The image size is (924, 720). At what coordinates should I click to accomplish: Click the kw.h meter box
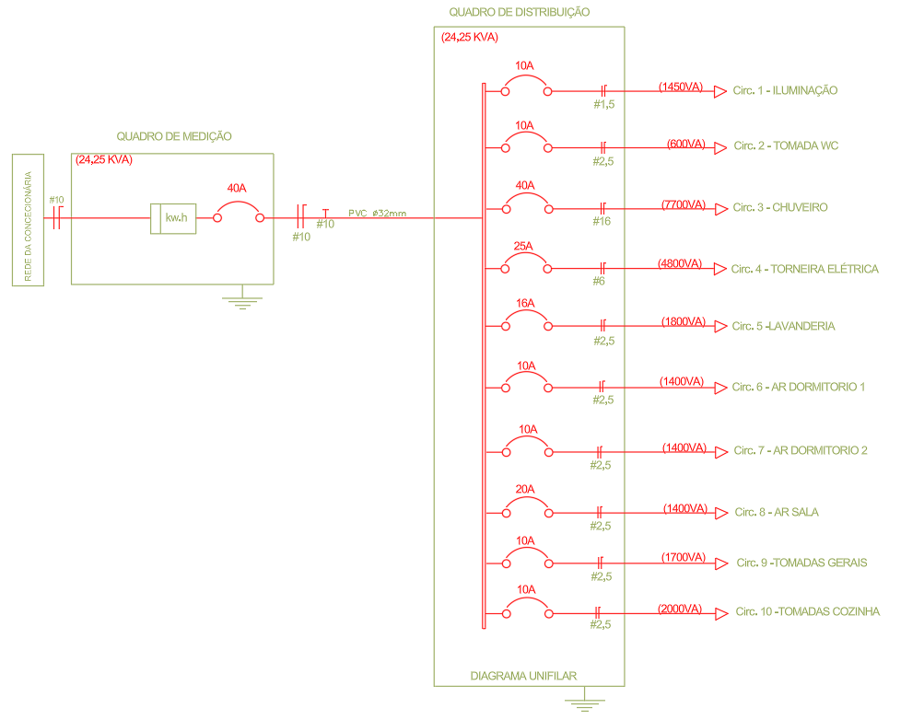coord(173,218)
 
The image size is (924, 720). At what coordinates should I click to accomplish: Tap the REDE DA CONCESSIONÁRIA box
coord(28,221)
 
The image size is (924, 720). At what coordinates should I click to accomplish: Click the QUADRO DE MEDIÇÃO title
coord(173,136)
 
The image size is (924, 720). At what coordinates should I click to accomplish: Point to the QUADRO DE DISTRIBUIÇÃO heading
coord(520,12)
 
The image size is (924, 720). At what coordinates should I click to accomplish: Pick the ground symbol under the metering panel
coord(241,299)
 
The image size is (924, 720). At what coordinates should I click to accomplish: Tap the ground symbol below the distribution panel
coord(580,704)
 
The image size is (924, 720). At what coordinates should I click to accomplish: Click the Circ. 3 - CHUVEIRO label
coord(780,207)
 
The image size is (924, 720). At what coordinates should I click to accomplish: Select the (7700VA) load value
coord(684,204)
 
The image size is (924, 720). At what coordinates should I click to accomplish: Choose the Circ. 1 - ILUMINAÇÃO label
coord(785,90)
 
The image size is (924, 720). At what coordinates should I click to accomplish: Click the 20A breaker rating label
coord(525,489)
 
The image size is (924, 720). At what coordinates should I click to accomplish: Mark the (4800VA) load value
coord(681,264)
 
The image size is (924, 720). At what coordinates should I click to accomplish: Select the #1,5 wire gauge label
coord(604,105)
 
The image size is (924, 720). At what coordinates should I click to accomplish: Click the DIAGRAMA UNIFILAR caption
coord(523,676)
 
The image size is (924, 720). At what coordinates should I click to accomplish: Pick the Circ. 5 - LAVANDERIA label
coord(784,327)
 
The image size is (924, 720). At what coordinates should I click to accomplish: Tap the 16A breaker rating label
coord(525,303)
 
